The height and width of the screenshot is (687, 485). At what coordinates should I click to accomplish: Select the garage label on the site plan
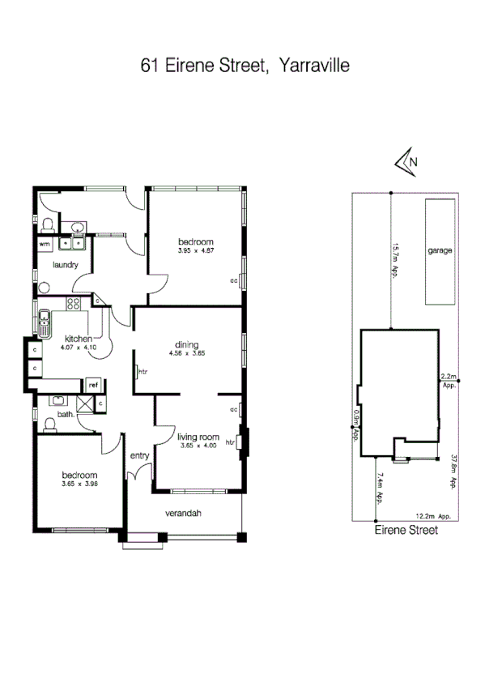pyautogui.click(x=440, y=250)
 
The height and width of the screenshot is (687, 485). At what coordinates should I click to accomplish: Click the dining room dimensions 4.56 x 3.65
pyautogui.click(x=188, y=354)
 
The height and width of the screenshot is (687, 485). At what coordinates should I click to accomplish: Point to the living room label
pyautogui.click(x=198, y=437)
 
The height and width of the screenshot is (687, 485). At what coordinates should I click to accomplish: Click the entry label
pyautogui.click(x=140, y=456)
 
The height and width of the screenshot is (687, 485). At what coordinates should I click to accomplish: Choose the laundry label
pyautogui.click(x=64, y=265)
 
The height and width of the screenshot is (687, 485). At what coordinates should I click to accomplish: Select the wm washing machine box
pyautogui.click(x=45, y=243)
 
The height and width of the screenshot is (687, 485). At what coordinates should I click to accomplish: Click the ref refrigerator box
pyautogui.click(x=93, y=385)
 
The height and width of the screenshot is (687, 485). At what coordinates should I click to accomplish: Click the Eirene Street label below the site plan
pyautogui.click(x=406, y=531)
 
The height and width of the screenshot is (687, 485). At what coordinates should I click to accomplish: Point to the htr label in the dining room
pyautogui.click(x=143, y=372)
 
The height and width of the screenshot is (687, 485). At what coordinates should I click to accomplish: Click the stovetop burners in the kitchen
pyautogui.click(x=74, y=305)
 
